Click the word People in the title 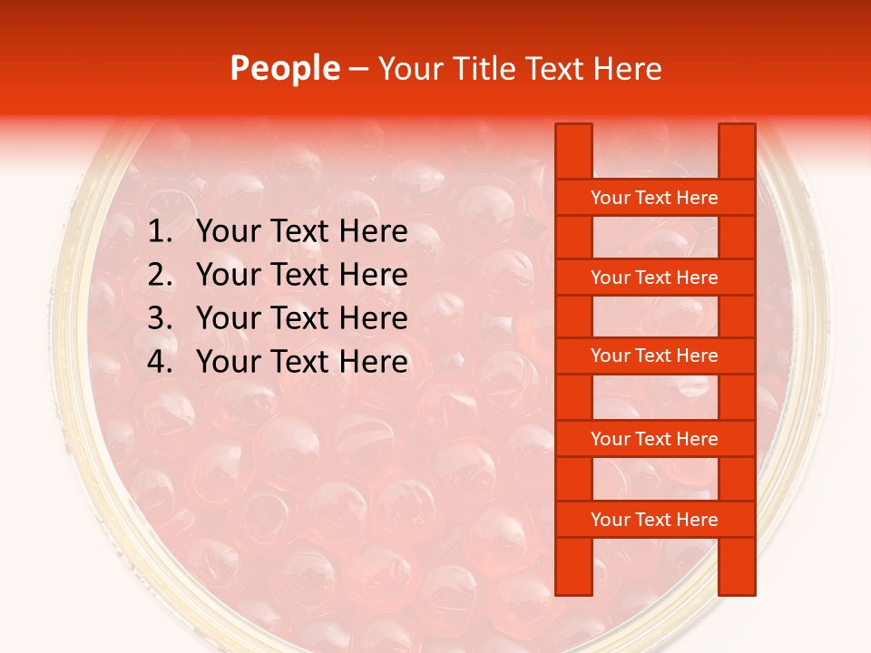(284, 69)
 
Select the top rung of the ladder (654, 198)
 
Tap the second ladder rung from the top (654, 278)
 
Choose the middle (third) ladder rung (654, 356)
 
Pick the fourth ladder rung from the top (654, 439)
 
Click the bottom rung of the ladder (654, 520)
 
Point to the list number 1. (160, 232)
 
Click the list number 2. (160, 275)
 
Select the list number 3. (160, 318)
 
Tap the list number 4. (160, 362)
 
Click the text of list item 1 (301, 232)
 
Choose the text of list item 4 (301, 362)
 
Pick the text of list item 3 (301, 318)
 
